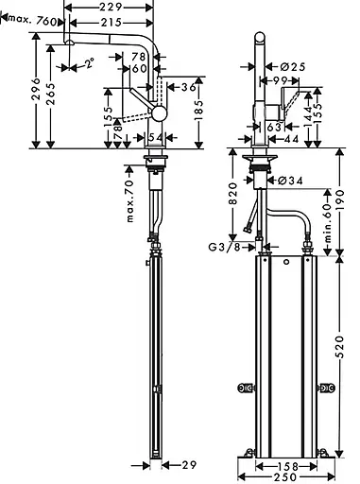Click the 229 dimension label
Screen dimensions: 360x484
pyautogui.click(x=111, y=7)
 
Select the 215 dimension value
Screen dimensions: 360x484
pyautogui.click(x=111, y=23)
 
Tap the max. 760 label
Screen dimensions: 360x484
pyautogui.click(x=32, y=21)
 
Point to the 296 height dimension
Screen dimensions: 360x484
pyautogui.click(x=36, y=90)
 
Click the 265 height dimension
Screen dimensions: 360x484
pyautogui.click(x=50, y=94)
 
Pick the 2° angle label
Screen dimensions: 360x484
pyautogui.click(x=90, y=63)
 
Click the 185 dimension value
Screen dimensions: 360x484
pyautogui.click(x=198, y=111)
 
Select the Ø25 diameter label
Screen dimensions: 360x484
pyautogui.click(x=293, y=67)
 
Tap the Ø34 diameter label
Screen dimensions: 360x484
pyautogui.click(x=290, y=181)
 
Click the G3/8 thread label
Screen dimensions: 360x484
pyautogui.click(x=225, y=248)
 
